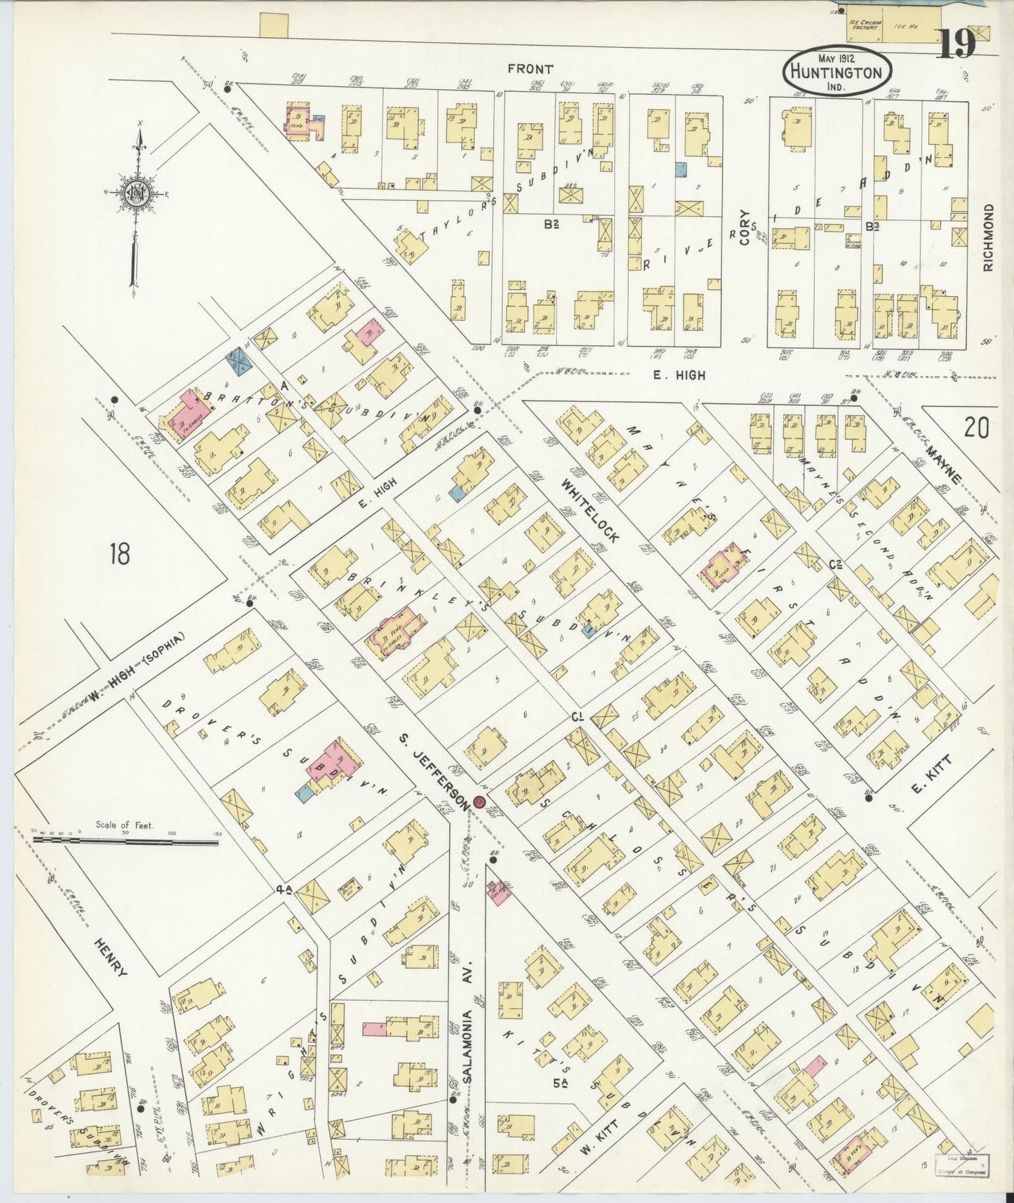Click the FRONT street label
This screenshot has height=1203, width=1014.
(530, 69)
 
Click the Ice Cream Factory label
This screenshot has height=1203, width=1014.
(864, 25)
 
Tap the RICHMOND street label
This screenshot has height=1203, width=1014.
(989, 238)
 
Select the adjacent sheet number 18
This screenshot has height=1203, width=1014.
(120, 554)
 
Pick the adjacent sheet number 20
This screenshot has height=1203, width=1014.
(976, 427)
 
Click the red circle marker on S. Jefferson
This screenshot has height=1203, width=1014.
(480, 802)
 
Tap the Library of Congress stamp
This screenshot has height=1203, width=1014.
(963, 1164)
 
